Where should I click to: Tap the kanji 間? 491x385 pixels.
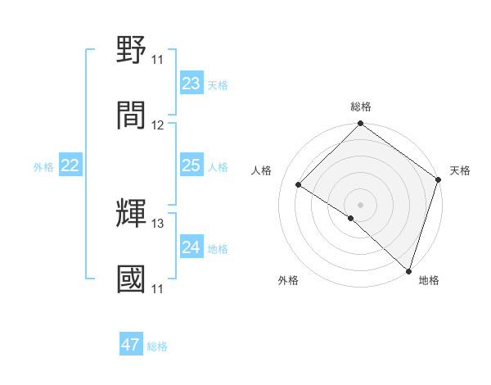(x=132, y=115)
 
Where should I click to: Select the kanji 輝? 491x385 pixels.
(x=132, y=214)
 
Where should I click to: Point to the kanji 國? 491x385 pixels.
(x=132, y=279)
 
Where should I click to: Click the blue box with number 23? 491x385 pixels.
(x=191, y=84)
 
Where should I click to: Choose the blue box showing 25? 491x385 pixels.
(x=191, y=166)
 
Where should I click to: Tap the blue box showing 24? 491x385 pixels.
(x=191, y=248)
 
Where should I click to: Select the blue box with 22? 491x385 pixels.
(x=70, y=166)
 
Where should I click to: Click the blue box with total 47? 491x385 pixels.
(x=131, y=345)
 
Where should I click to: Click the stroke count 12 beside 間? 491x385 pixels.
(x=158, y=125)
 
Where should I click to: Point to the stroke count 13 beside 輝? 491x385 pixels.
(x=158, y=224)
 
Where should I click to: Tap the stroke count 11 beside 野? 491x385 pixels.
(x=157, y=60)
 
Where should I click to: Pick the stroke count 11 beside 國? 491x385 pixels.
(x=157, y=289)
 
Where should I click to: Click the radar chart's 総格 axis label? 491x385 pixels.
(x=361, y=106)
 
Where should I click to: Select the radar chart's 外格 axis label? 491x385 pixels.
(x=288, y=281)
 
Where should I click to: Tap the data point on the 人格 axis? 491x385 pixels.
(x=299, y=184)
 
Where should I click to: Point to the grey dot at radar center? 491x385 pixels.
(x=360, y=204)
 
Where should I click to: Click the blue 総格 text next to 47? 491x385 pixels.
(x=157, y=346)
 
